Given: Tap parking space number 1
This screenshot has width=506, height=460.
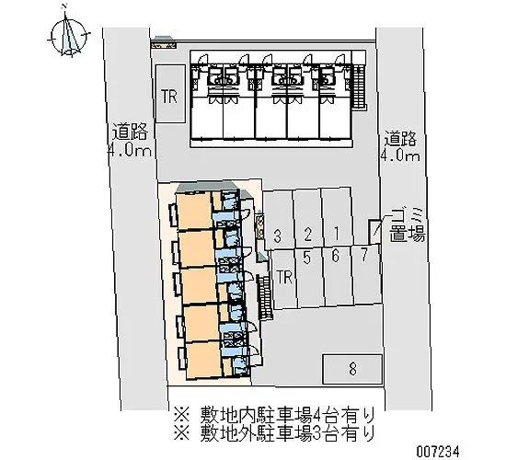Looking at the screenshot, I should [338, 233].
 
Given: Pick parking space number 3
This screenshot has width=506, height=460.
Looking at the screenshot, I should [278, 236].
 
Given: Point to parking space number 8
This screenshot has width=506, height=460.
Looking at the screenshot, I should [352, 370].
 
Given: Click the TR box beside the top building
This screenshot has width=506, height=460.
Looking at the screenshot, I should [169, 95].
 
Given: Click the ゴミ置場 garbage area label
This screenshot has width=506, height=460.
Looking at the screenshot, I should [406, 224].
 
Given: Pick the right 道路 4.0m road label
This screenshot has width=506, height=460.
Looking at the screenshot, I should [401, 146].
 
